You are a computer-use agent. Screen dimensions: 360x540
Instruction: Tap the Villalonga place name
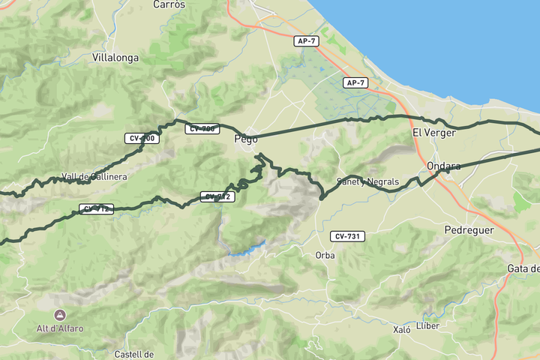point(115,57)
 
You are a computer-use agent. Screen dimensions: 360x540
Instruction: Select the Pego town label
point(246,139)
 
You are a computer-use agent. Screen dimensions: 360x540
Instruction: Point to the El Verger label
point(433,133)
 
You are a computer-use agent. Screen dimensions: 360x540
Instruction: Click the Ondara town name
point(442,166)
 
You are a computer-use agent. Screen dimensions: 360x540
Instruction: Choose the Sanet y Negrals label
point(367,181)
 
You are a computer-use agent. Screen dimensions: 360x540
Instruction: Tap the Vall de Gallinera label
point(94,177)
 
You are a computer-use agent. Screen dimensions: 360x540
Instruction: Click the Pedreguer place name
point(469,230)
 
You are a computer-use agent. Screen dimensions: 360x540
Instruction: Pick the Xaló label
point(402,329)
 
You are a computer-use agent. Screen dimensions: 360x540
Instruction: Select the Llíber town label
point(427,325)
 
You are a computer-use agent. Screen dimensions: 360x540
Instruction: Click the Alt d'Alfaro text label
point(60,328)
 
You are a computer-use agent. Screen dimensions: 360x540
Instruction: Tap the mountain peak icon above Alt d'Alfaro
point(60,315)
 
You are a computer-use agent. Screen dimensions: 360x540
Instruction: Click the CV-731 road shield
point(347,236)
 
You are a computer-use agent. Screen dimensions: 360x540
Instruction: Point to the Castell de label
point(134,354)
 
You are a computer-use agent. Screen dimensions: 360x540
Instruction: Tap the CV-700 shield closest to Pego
point(202,129)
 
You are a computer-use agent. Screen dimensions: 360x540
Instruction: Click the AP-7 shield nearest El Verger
point(355,82)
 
